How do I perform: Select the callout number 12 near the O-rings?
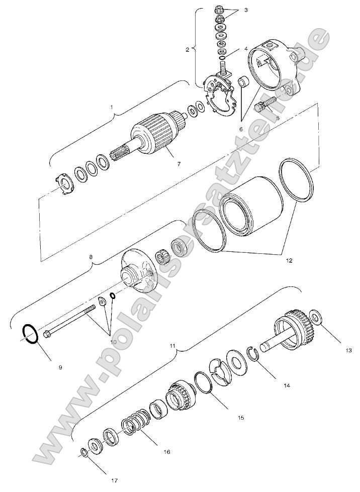(289, 261)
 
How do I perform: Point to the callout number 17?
(114, 479)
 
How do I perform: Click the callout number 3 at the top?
(246, 10)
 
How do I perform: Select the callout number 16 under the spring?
(166, 452)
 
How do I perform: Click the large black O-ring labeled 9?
(30, 334)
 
